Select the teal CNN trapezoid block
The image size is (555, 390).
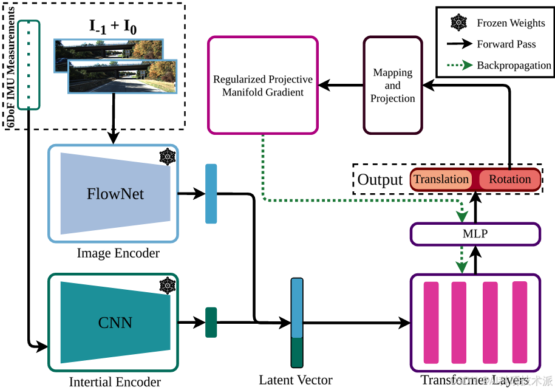(x=114, y=322)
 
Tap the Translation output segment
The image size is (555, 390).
(x=441, y=180)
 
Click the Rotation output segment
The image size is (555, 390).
(x=509, y=180)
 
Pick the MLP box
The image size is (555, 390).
(x=475, y=234)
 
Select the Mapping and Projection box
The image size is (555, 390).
(x=392, y=85)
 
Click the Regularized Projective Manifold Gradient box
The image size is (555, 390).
(x=262, y=85)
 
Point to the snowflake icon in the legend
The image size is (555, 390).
(x=458, y=23)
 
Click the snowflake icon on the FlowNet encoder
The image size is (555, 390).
(x=167, y=157)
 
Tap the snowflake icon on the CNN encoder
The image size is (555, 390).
(x=167, y=285)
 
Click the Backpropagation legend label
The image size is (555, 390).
(x=514, y=65)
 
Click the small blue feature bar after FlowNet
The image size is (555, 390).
(x=211, y=194)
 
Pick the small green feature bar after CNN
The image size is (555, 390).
(x=211, y=322)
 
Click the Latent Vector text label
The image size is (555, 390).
(x=296, y=380)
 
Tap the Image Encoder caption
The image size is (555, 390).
(x=118, y=253)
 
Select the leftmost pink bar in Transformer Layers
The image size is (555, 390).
(x=431, y=322)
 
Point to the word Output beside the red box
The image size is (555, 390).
(x=380, y=180)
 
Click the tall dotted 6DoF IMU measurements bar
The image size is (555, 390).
(x=29, y=65)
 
